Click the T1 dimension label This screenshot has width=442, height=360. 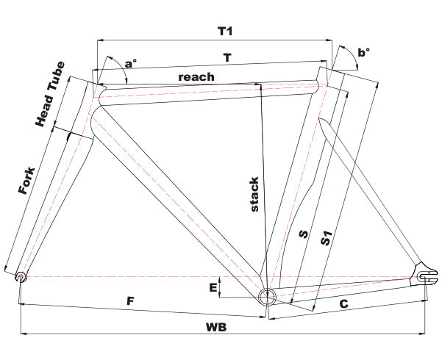(x=225, y=32)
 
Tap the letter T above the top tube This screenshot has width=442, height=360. (x=228, y=56)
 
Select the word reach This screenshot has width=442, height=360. (x=196, y=76)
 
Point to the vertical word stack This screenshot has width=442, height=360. (x=254, y=194)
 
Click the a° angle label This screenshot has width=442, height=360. (x=129, y=64)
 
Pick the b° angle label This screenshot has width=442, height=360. (x=363, y=52)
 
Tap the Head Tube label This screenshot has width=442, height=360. (x=51, y=94)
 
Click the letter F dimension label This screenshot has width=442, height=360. (x=130, y=300)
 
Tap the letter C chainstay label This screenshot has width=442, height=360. (x=342, y=302)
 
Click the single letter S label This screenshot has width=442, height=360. (x=302, y=235)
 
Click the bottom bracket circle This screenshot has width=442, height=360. (x=266, y=298)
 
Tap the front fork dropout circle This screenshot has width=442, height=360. (x=21, y=277)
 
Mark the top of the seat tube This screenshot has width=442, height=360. (x=324, y=72)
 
